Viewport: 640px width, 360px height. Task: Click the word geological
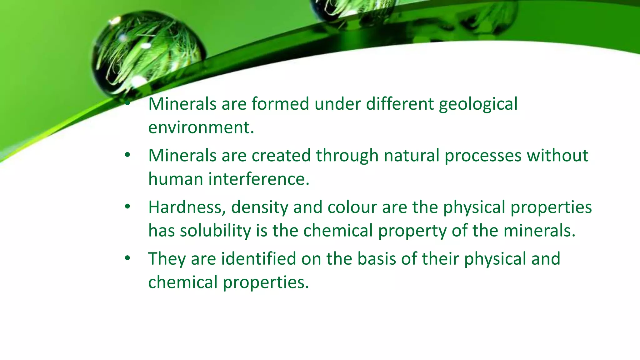[478, 104]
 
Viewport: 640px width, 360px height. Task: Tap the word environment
[201, 127]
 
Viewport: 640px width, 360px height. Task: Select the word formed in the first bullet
[280, 104]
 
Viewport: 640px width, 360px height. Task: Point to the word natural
[412, 156]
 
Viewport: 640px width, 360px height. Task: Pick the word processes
[483, 156]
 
